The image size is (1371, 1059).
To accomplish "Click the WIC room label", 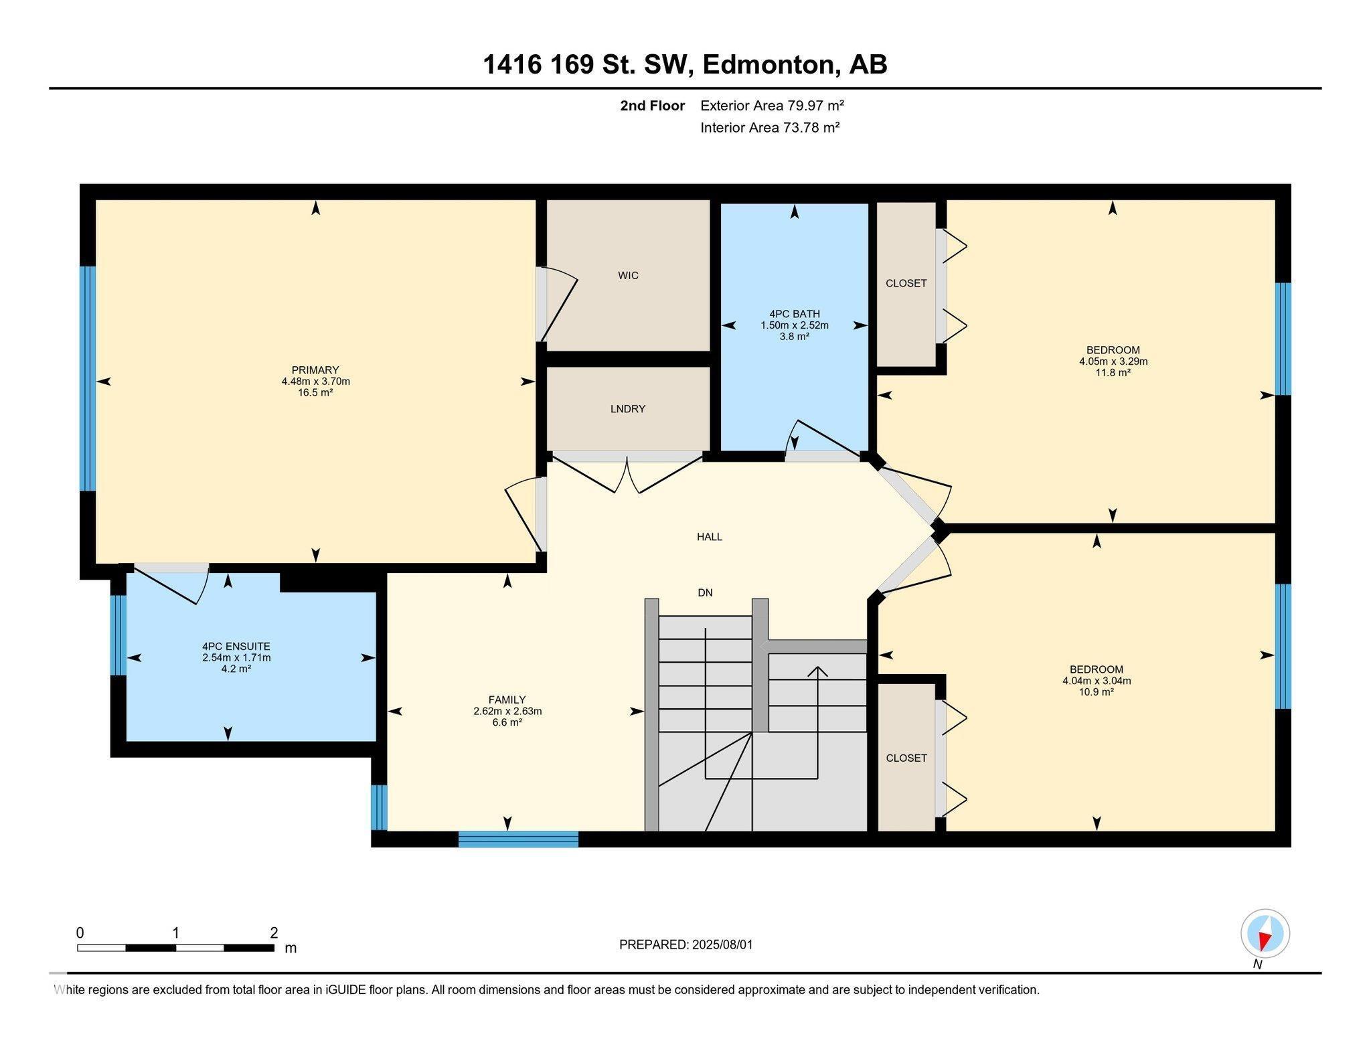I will [x=628, y=275].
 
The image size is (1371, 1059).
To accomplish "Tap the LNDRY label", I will [x=627, y=408].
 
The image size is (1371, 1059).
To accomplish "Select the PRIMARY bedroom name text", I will [x=315, y=370].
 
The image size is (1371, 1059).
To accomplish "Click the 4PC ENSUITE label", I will [x=236, y=646].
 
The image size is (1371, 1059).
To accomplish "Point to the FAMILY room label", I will [x=507, y=700].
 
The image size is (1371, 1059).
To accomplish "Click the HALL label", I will [x=709, y=536].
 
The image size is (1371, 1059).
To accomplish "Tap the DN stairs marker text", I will [x=705, y=592].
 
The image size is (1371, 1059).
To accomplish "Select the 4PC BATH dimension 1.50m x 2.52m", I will [x=794, y=325].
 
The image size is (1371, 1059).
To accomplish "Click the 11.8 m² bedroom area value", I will [x=1113, y=373].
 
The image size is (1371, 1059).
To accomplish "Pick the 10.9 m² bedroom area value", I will [x=1096, y=692].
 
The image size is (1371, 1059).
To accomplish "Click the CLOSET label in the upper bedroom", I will [x=906, y=283].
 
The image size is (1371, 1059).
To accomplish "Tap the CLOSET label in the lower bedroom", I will [x=906, y=758].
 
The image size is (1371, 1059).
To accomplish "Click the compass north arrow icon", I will [x=1265, y=934].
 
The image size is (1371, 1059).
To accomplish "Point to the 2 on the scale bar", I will [x=274, y=932].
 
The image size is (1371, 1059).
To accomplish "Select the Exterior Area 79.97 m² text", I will [x=771, y=105].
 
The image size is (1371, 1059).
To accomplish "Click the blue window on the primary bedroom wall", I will [x=88, y=379].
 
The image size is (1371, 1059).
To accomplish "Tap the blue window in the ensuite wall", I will [x=118, y=635].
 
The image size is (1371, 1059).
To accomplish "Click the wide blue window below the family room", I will [x=518, y=839].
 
